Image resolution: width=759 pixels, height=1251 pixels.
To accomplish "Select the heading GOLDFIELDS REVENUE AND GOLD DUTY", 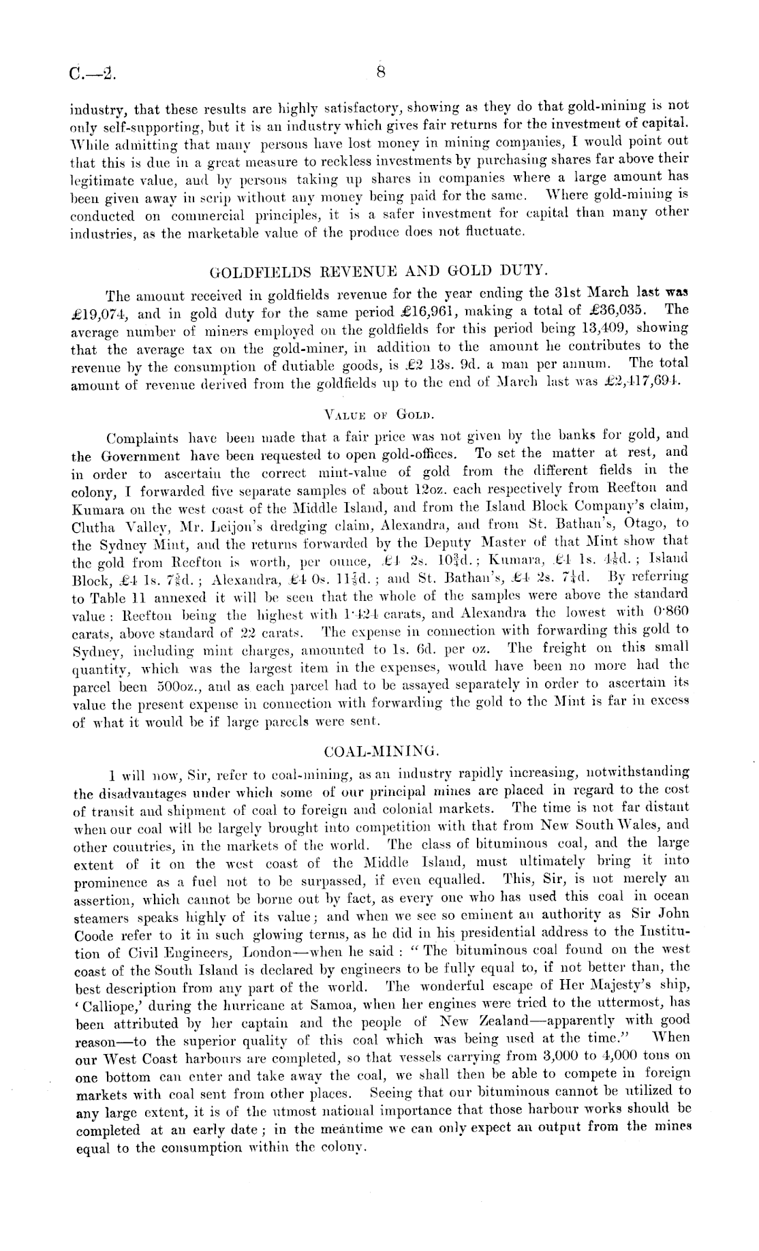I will click(379, 276).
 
